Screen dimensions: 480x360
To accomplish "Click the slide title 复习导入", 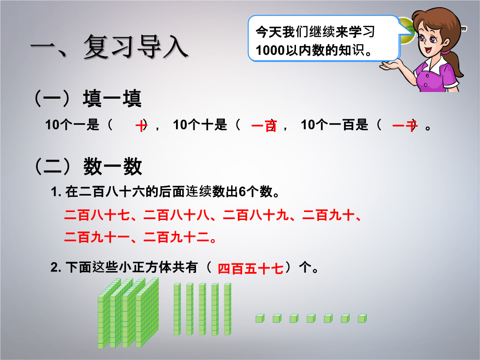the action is click(136, 47).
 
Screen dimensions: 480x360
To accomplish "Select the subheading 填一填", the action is click(112, 98).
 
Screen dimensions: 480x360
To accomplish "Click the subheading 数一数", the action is click(112, 167).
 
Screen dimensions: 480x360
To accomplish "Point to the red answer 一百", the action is click(264, 126).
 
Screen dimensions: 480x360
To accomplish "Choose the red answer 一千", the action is click(405, 125).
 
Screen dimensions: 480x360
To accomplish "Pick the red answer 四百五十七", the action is click(250, 268).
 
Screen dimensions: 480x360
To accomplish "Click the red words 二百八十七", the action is click(97, 215).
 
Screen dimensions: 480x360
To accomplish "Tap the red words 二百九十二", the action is click(176, 237).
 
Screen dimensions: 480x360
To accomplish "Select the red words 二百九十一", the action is click(97, 237).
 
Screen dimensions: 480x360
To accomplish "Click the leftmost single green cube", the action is click(260, 318).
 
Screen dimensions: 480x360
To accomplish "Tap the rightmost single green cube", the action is click(362, 318).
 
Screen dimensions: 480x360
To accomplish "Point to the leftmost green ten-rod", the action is click(177, 309).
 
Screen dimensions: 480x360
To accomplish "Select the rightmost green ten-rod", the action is click(228, 309).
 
